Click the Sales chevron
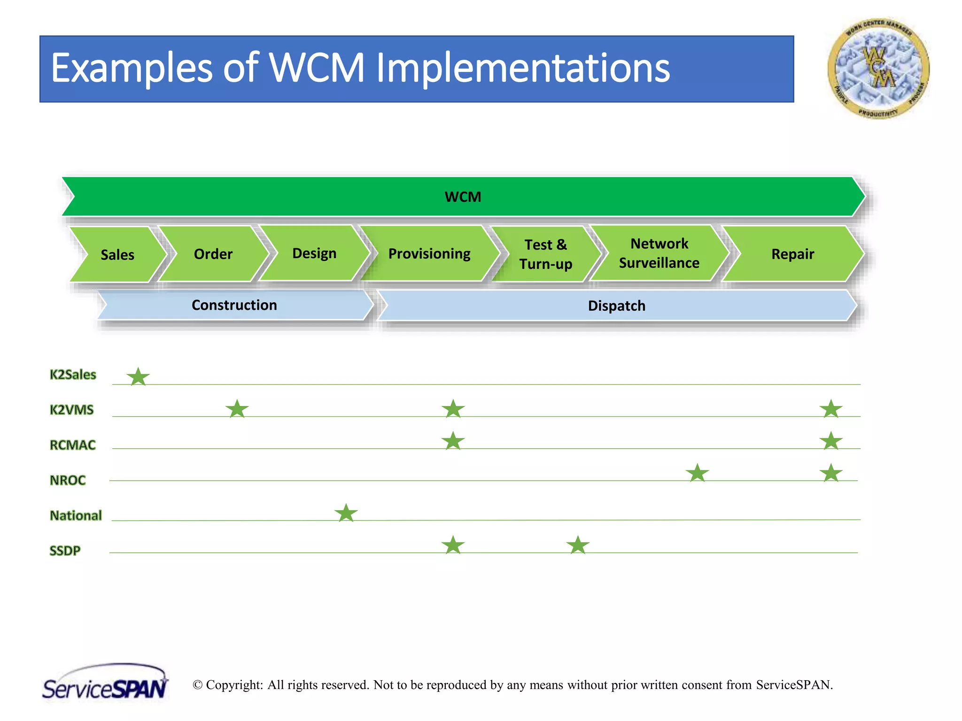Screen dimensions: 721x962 pos(117,254)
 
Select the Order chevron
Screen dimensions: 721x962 pos(213,254)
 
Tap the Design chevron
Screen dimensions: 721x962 pos(314,253)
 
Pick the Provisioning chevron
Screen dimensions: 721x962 pos(429,254)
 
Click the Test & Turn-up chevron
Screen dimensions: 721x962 pos(546,254)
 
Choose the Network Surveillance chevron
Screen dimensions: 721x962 pos(659,253)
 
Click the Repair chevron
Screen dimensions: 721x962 pos(792,254)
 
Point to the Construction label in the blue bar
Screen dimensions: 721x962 pos(234,305)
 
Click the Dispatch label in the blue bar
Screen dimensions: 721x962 pos(617,306)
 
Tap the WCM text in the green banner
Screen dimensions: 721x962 pos(463,197)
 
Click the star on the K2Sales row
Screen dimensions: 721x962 pos(138,377)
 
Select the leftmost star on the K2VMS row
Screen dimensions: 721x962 pos(237,409)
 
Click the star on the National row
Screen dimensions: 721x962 pos(346,513)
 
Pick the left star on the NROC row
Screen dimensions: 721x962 pos(697,473)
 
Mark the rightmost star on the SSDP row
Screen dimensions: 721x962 pos(578,545)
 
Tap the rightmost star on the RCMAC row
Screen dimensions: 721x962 pos(831,441)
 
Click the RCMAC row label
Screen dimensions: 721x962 pos(73,445)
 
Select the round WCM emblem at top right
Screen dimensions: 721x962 pos(878,69)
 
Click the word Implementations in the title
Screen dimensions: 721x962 pos(523,69)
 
